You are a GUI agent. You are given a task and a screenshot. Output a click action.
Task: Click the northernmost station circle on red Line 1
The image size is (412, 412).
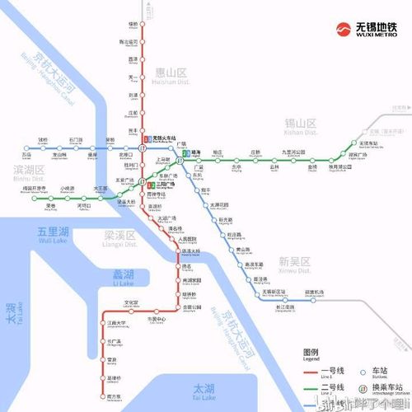(145, 26)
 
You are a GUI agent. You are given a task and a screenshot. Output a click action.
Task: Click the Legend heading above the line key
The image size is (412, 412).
(310, 353)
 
